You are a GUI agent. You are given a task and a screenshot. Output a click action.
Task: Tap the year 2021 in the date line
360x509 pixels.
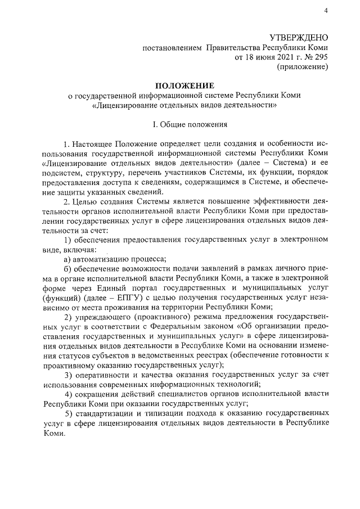(274, 57)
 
